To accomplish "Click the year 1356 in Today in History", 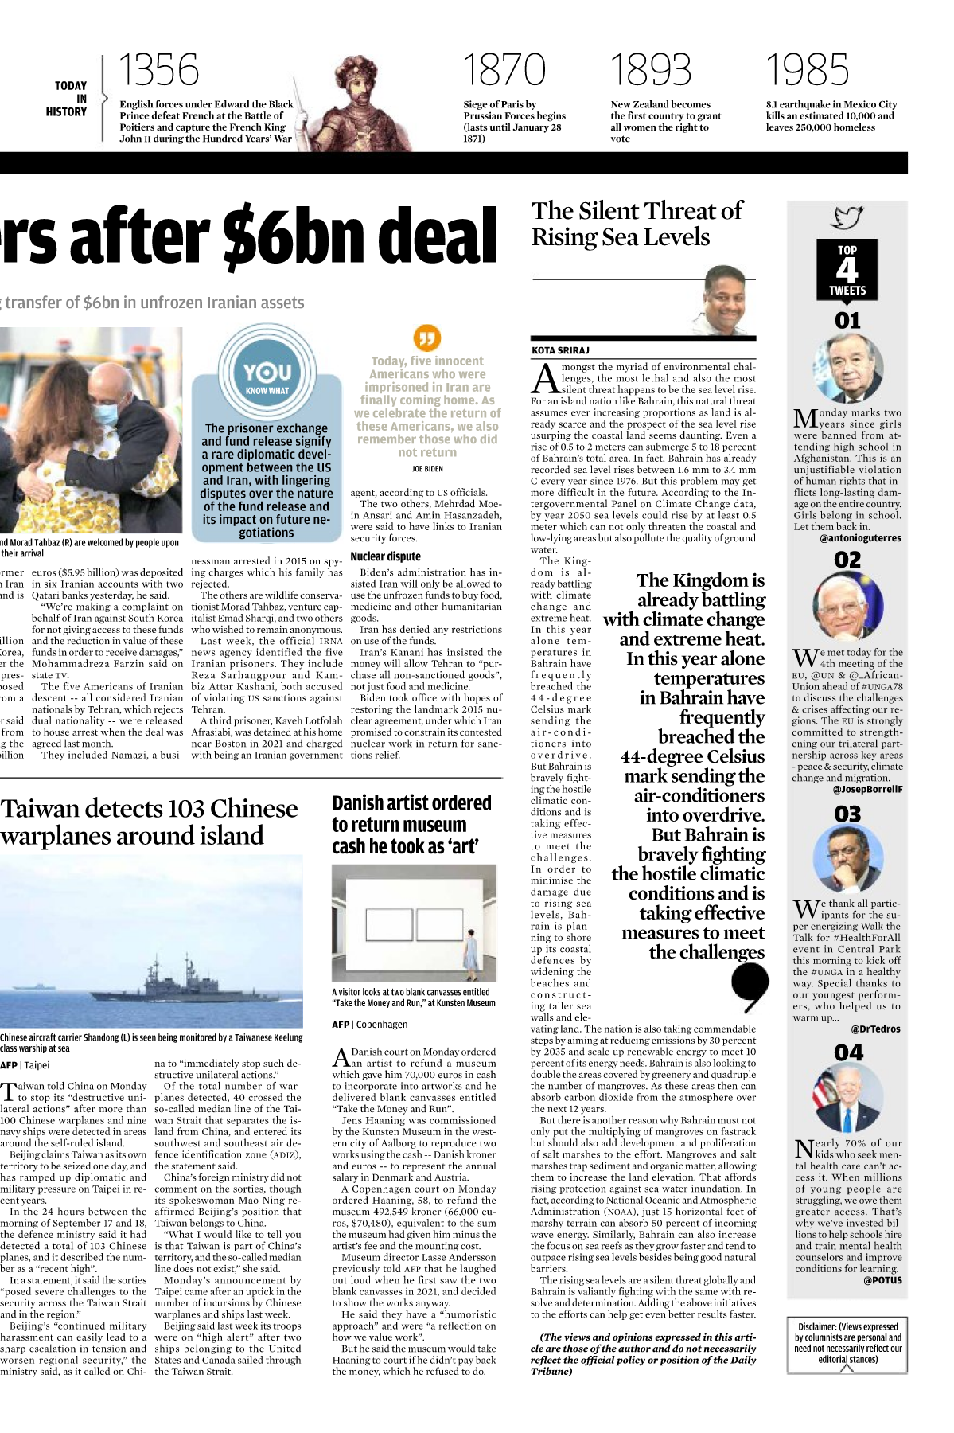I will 159,70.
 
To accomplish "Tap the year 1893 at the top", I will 651,70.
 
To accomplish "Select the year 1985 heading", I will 807,70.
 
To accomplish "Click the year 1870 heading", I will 504,70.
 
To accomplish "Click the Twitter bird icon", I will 847,217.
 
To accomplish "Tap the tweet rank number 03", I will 847,814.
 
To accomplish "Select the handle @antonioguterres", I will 860,538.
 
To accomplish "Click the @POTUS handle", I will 882,1280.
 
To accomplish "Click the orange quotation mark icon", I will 427,338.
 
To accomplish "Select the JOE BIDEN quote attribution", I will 427,469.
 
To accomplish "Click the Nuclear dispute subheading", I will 386,556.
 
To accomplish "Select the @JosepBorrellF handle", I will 867,790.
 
